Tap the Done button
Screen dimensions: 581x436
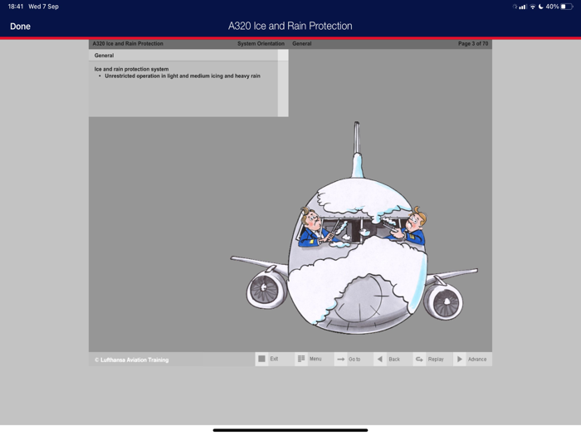pyautogui.click(x=21, y=27)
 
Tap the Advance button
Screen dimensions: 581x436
pyautogui.click(x=472, y=359)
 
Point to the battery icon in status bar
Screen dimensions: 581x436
pyautogui.click(x=567, y=7)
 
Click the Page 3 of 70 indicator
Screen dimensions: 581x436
pyautogui.click(x=473, y=44)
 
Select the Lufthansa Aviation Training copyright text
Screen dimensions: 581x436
pyautogui.click(x=131, y=360)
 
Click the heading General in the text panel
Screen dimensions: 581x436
pyautogui.click(x=104, y=56)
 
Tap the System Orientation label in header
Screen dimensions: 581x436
pyautogui.click(x=261, y=44)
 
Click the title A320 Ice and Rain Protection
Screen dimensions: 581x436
pyautogui.click(x=290, y=26)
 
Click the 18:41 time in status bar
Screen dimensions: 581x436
pyautogui.click(x=16, y=7)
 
